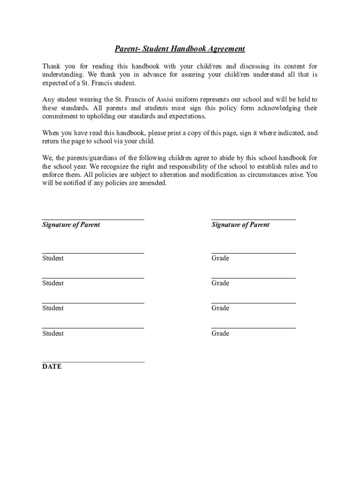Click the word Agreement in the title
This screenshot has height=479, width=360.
point(223,49)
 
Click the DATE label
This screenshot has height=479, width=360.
point(51,367)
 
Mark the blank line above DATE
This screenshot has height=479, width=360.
point(93,362)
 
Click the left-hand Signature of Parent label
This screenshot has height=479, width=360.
point(71,225)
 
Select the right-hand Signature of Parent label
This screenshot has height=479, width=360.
point(240,225)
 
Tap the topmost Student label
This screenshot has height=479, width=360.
point(53,258)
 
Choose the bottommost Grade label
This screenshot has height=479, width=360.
point(220,334)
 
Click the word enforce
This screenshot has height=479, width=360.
point(53,175)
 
